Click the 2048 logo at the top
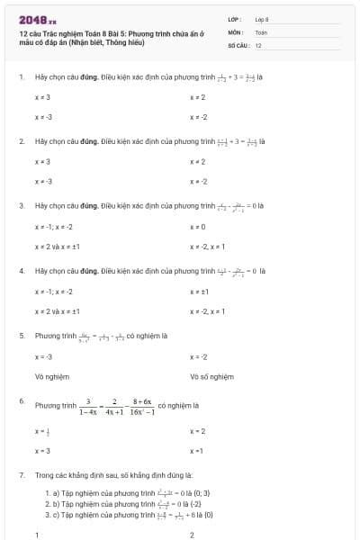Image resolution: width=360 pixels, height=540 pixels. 37,18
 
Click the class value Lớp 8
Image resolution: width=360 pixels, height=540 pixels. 262,18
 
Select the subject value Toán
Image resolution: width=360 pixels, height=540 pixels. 261,31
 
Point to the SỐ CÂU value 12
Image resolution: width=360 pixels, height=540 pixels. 258,44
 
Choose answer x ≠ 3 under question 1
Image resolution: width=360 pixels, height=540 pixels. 42,96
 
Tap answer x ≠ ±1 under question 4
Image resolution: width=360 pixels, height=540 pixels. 199,292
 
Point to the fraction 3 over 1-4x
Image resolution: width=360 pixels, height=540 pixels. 88,407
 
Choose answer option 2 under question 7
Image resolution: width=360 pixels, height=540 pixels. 193,535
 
